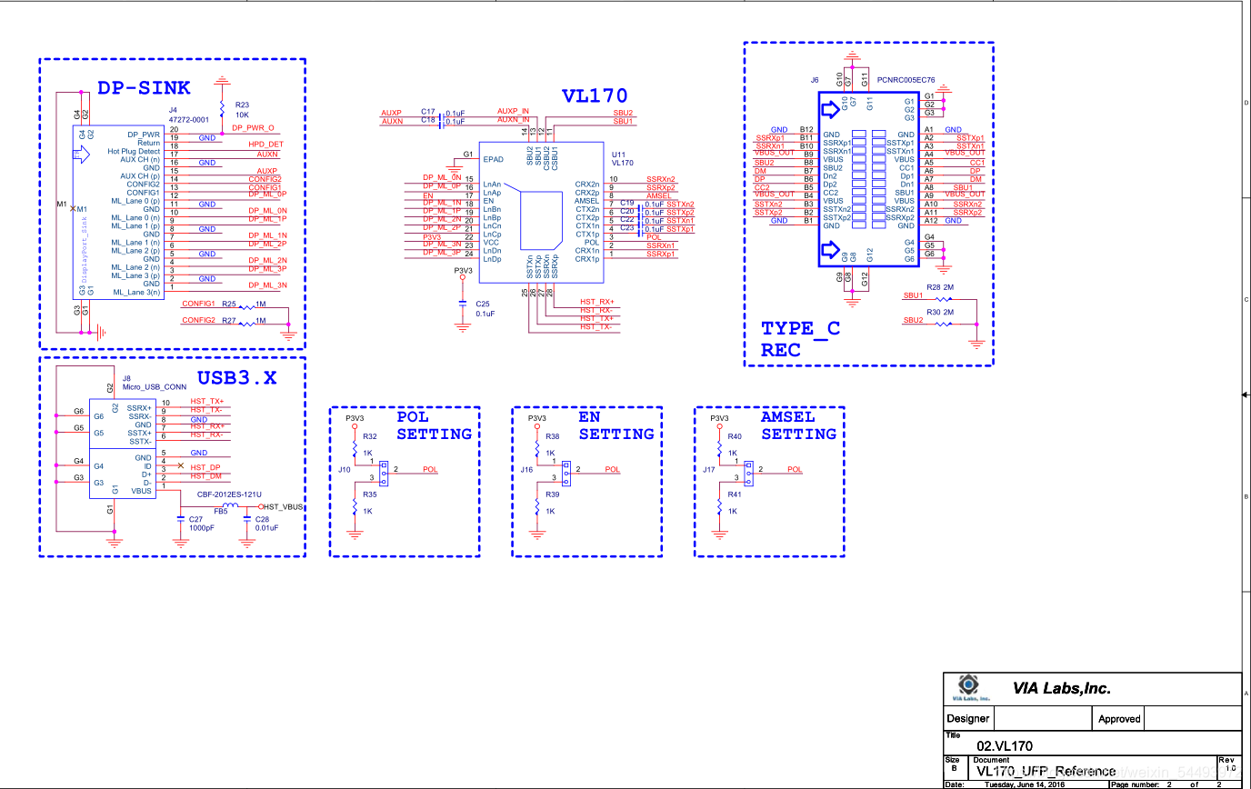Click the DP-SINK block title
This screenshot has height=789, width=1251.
click(x=144, y=87)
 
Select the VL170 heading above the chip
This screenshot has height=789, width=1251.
click(x=594, y=95)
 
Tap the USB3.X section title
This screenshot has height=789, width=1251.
click(x=236, y=377)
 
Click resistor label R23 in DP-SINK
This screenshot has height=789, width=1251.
click(x=242, y=105)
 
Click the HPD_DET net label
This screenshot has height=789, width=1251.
click(x=265, y=145)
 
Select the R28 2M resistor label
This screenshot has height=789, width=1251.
click(x=940, y=287)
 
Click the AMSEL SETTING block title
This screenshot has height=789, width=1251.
click(x=798, y=425)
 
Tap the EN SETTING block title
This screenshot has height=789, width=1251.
click(x=616, y=425)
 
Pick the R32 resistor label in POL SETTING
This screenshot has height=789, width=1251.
click(x=369, y=437)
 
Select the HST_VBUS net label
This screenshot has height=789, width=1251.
click(x=282, y=506)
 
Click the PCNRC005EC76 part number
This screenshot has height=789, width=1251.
click(x=906, y=80)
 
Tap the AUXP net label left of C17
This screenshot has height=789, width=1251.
click(x=391, y=113)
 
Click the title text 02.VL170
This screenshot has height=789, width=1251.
click(x=1005, y=745)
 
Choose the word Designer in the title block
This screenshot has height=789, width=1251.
click(x=968, y=718)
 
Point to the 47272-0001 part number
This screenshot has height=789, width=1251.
click(x=189, y=118)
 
